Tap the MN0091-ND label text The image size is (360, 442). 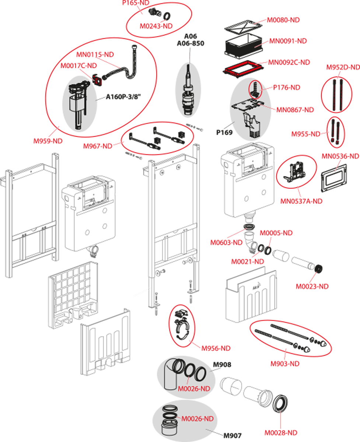288,41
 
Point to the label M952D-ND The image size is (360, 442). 343,67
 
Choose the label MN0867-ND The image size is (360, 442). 296,110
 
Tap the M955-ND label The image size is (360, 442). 306,134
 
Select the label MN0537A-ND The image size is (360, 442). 301,201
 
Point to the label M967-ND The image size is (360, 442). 97,146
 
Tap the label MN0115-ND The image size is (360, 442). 95,55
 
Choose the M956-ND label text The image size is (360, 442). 216,348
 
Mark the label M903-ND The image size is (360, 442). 285,364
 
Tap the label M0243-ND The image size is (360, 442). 156,26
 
